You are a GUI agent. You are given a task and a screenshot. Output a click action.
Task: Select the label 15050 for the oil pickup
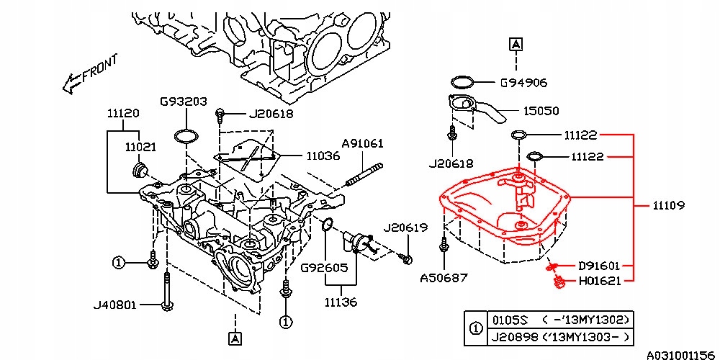(x=541, y=112)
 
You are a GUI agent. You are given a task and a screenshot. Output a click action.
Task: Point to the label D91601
(x=600, y=266)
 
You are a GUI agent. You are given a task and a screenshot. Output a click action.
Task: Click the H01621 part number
(x=600, y=281)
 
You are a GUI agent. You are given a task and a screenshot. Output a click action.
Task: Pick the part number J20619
(x=406, y=228)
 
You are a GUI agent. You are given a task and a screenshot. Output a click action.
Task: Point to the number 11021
(x=141, y=146)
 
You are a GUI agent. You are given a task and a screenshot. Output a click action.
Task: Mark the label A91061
(x=362, y=143)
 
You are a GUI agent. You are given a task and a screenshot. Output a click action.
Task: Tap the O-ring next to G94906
(x=463, y=81)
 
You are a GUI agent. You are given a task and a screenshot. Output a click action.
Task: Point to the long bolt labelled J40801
(x=166, y=291)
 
